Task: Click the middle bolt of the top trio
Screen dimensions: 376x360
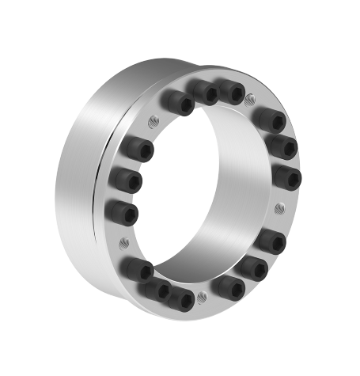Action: click(x=205, y=93)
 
